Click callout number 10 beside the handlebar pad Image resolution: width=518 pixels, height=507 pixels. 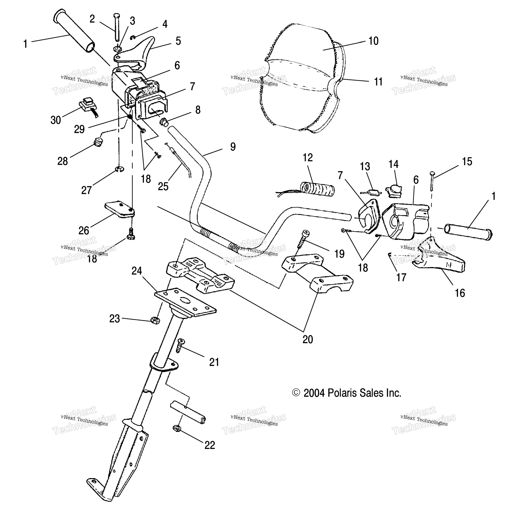click(x=373, y=41)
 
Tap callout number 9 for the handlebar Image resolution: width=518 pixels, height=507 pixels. click(x=233, y=147)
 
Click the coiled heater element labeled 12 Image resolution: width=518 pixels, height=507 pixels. click(x=317, y=189)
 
